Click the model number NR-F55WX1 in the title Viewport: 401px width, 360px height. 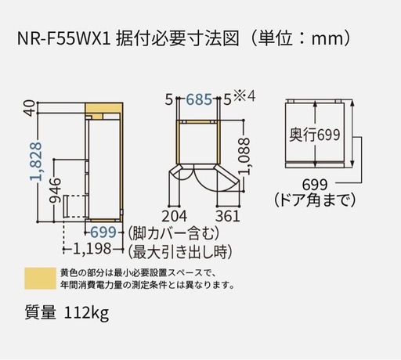[64, 38]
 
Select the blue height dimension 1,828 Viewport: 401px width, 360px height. [36, 161]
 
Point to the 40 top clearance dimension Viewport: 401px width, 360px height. [31, 108]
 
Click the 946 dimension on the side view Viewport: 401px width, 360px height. [56, 190]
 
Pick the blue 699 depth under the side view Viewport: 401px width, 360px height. [103, 232]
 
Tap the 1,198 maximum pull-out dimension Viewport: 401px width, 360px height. [92, 249]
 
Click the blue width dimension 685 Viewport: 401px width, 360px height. [199, 99]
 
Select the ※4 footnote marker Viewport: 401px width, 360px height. [244, 96]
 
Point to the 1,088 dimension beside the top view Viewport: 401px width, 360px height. [245, 157]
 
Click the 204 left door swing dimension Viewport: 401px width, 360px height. [175, 216]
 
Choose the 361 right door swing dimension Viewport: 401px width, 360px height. [227, 216]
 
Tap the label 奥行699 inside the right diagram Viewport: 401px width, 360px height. [315, 135]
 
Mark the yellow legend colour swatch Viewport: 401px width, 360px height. [40, 278]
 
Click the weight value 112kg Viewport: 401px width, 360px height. [86, 312]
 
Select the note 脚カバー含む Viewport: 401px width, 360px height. [174, 233]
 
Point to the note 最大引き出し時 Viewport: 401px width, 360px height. [180, 252]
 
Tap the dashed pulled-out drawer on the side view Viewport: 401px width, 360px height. [75, 206]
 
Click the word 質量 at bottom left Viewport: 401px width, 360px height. [41, 312]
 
